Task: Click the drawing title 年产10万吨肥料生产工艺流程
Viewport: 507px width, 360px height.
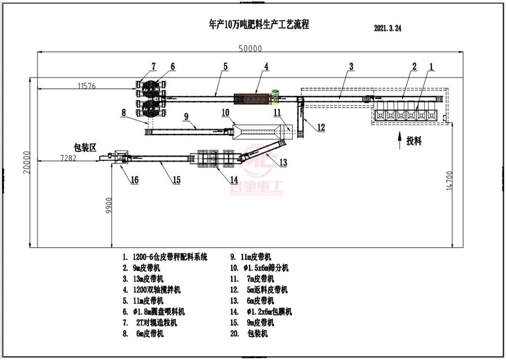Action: pyautogui.click(x=259, y=25)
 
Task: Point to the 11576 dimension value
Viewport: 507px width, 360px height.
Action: pyautogui.click(x=86, y=86)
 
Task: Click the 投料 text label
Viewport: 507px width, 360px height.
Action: pyautogui.click(x=414, y=141)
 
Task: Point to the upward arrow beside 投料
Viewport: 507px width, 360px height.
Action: pyautogui.click(x=399, y=137)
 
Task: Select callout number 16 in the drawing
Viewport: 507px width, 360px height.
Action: pyautogui.click(x=134, y=180)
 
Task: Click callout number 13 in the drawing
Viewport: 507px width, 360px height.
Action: pyautogui.click(x=283, y=163)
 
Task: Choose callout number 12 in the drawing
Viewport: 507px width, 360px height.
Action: pyautogui.click(x=320, y=127)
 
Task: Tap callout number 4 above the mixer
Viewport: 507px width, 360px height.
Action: pyautogui.click(x=266, y=66)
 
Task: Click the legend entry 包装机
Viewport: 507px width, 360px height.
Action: pyautogui.click(x=260, y=333)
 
